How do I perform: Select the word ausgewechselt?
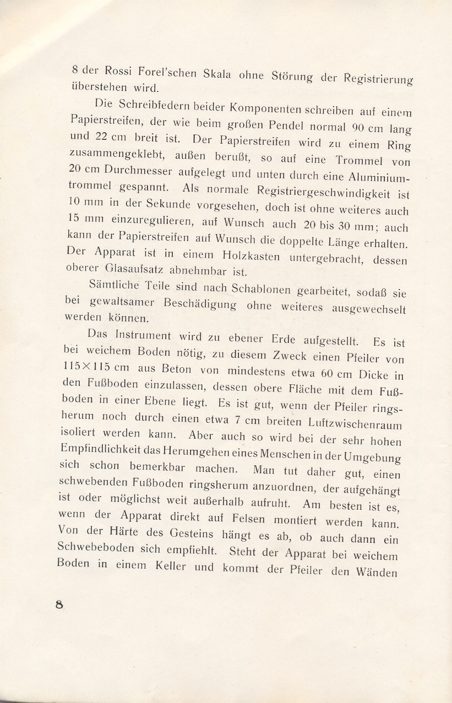tap(369, 309)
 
